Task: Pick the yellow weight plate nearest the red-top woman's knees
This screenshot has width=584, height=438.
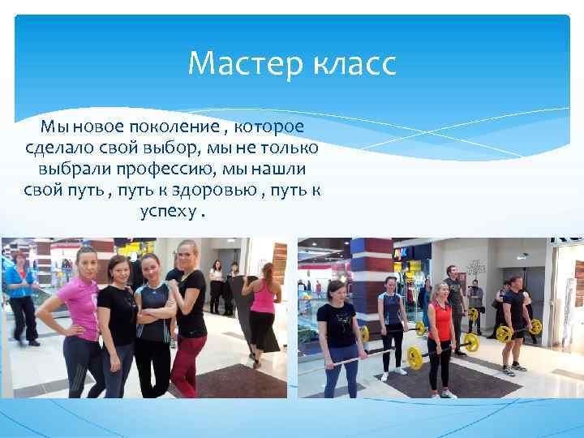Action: click(414, 357)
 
